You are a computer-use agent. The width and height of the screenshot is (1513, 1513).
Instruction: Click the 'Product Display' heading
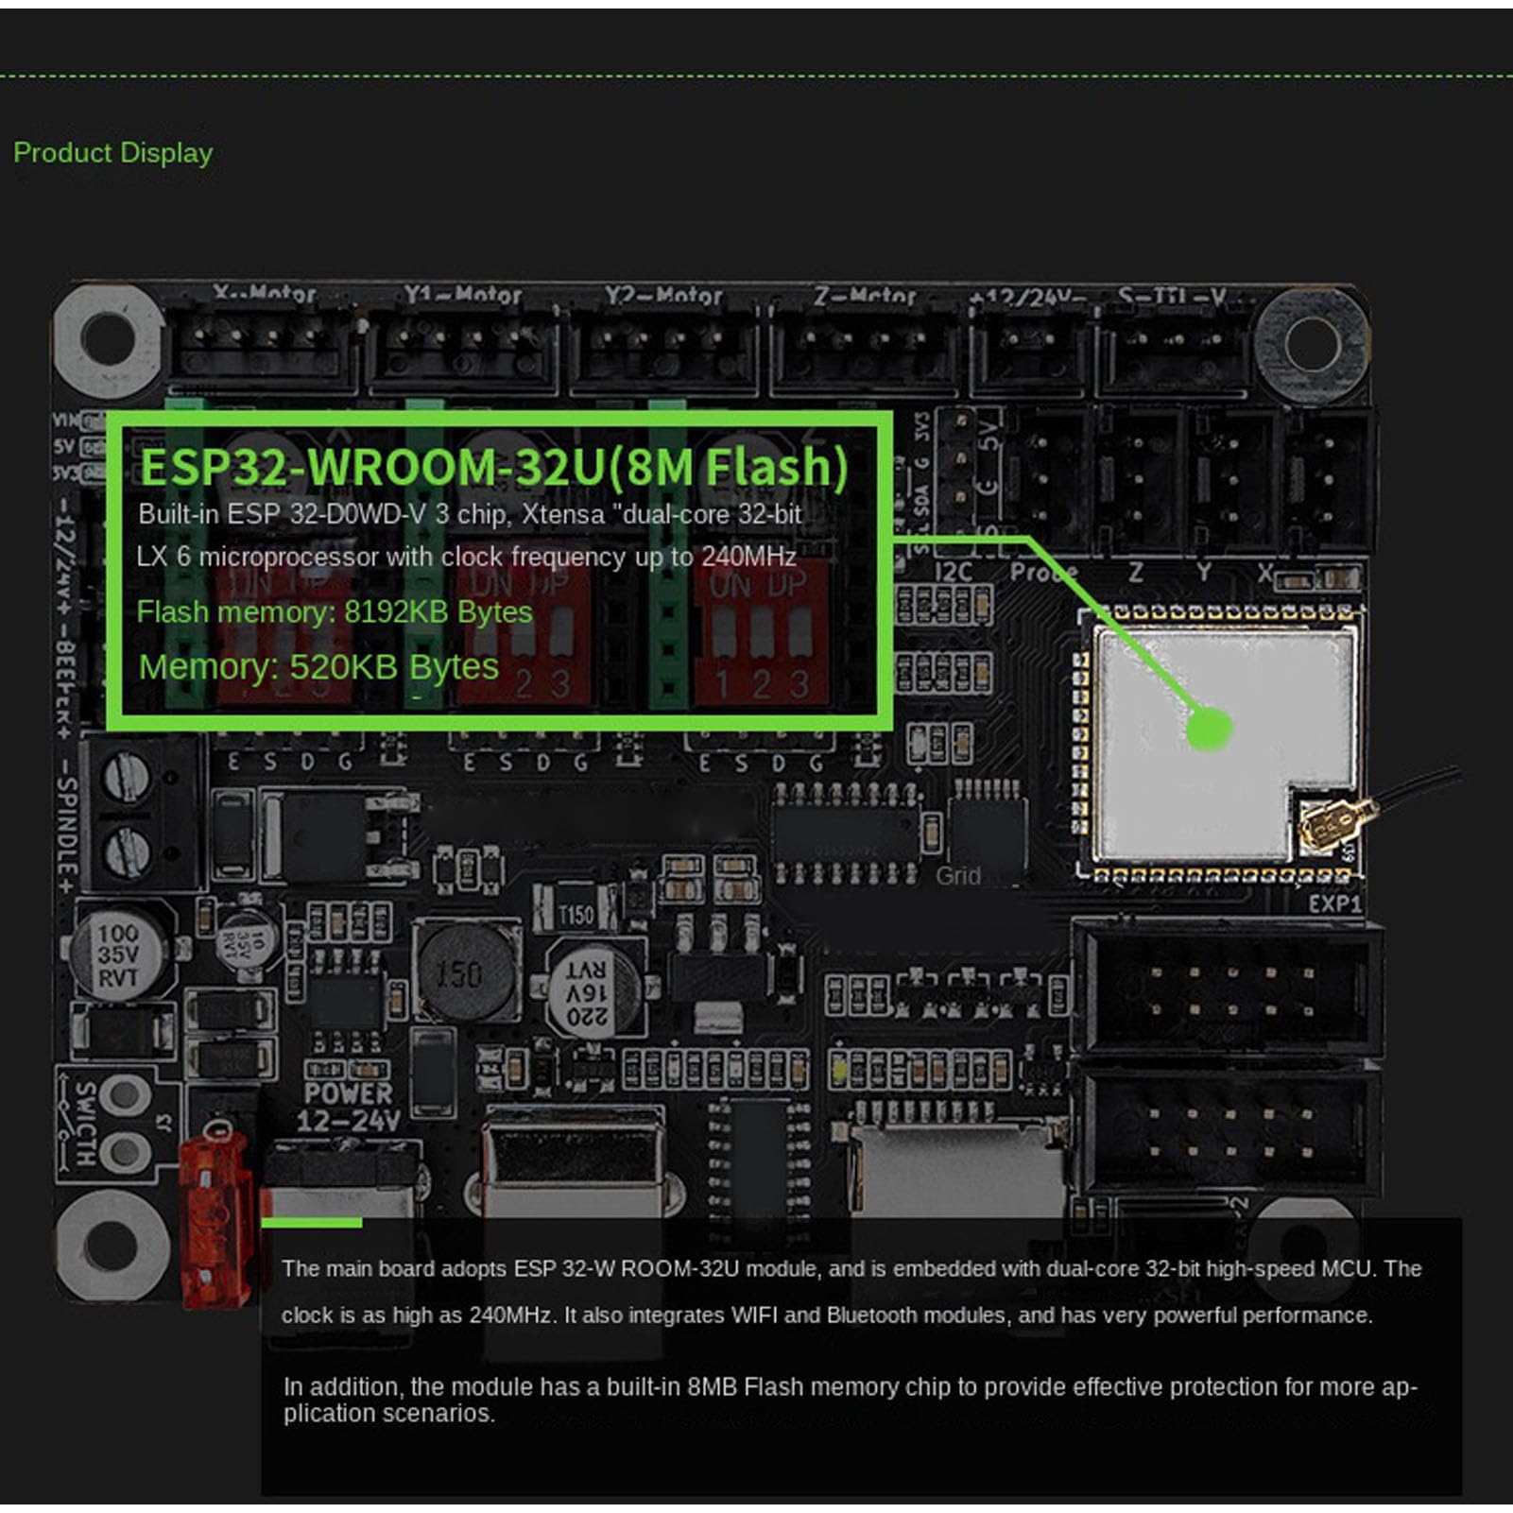(x=112, y=153)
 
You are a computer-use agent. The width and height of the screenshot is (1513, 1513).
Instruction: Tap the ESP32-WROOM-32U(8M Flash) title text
(x=493, y=467)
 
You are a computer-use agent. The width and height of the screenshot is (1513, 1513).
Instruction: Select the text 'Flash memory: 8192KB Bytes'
(x=335, y=612)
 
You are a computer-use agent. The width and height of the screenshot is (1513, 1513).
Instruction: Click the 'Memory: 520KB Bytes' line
(x=318, y=667)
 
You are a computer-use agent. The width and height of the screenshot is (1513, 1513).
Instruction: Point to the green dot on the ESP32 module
(x=1208, y=729)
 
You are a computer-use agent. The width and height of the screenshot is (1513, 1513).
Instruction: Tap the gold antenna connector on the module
(x=1327, y=822)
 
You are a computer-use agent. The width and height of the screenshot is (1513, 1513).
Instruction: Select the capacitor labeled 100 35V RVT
(x=118, y=954)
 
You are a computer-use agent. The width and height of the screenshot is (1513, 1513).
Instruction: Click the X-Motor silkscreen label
(x=264, y=294)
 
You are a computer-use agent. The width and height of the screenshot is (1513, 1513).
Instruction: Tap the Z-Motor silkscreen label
(x=864, y=297)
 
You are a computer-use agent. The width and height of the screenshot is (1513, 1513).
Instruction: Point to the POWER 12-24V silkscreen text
(x=348, y=1107)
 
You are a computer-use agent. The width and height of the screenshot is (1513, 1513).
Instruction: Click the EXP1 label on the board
(x=1334, y=904)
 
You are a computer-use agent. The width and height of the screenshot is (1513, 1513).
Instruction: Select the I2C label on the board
(x=953, y=572)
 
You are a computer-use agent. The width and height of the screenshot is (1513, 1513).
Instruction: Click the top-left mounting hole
(x=109, y=335)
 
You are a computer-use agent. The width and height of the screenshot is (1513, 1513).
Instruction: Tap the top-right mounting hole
(x=1311, y=334)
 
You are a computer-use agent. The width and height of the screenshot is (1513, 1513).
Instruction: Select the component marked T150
(x=575, y=914)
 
